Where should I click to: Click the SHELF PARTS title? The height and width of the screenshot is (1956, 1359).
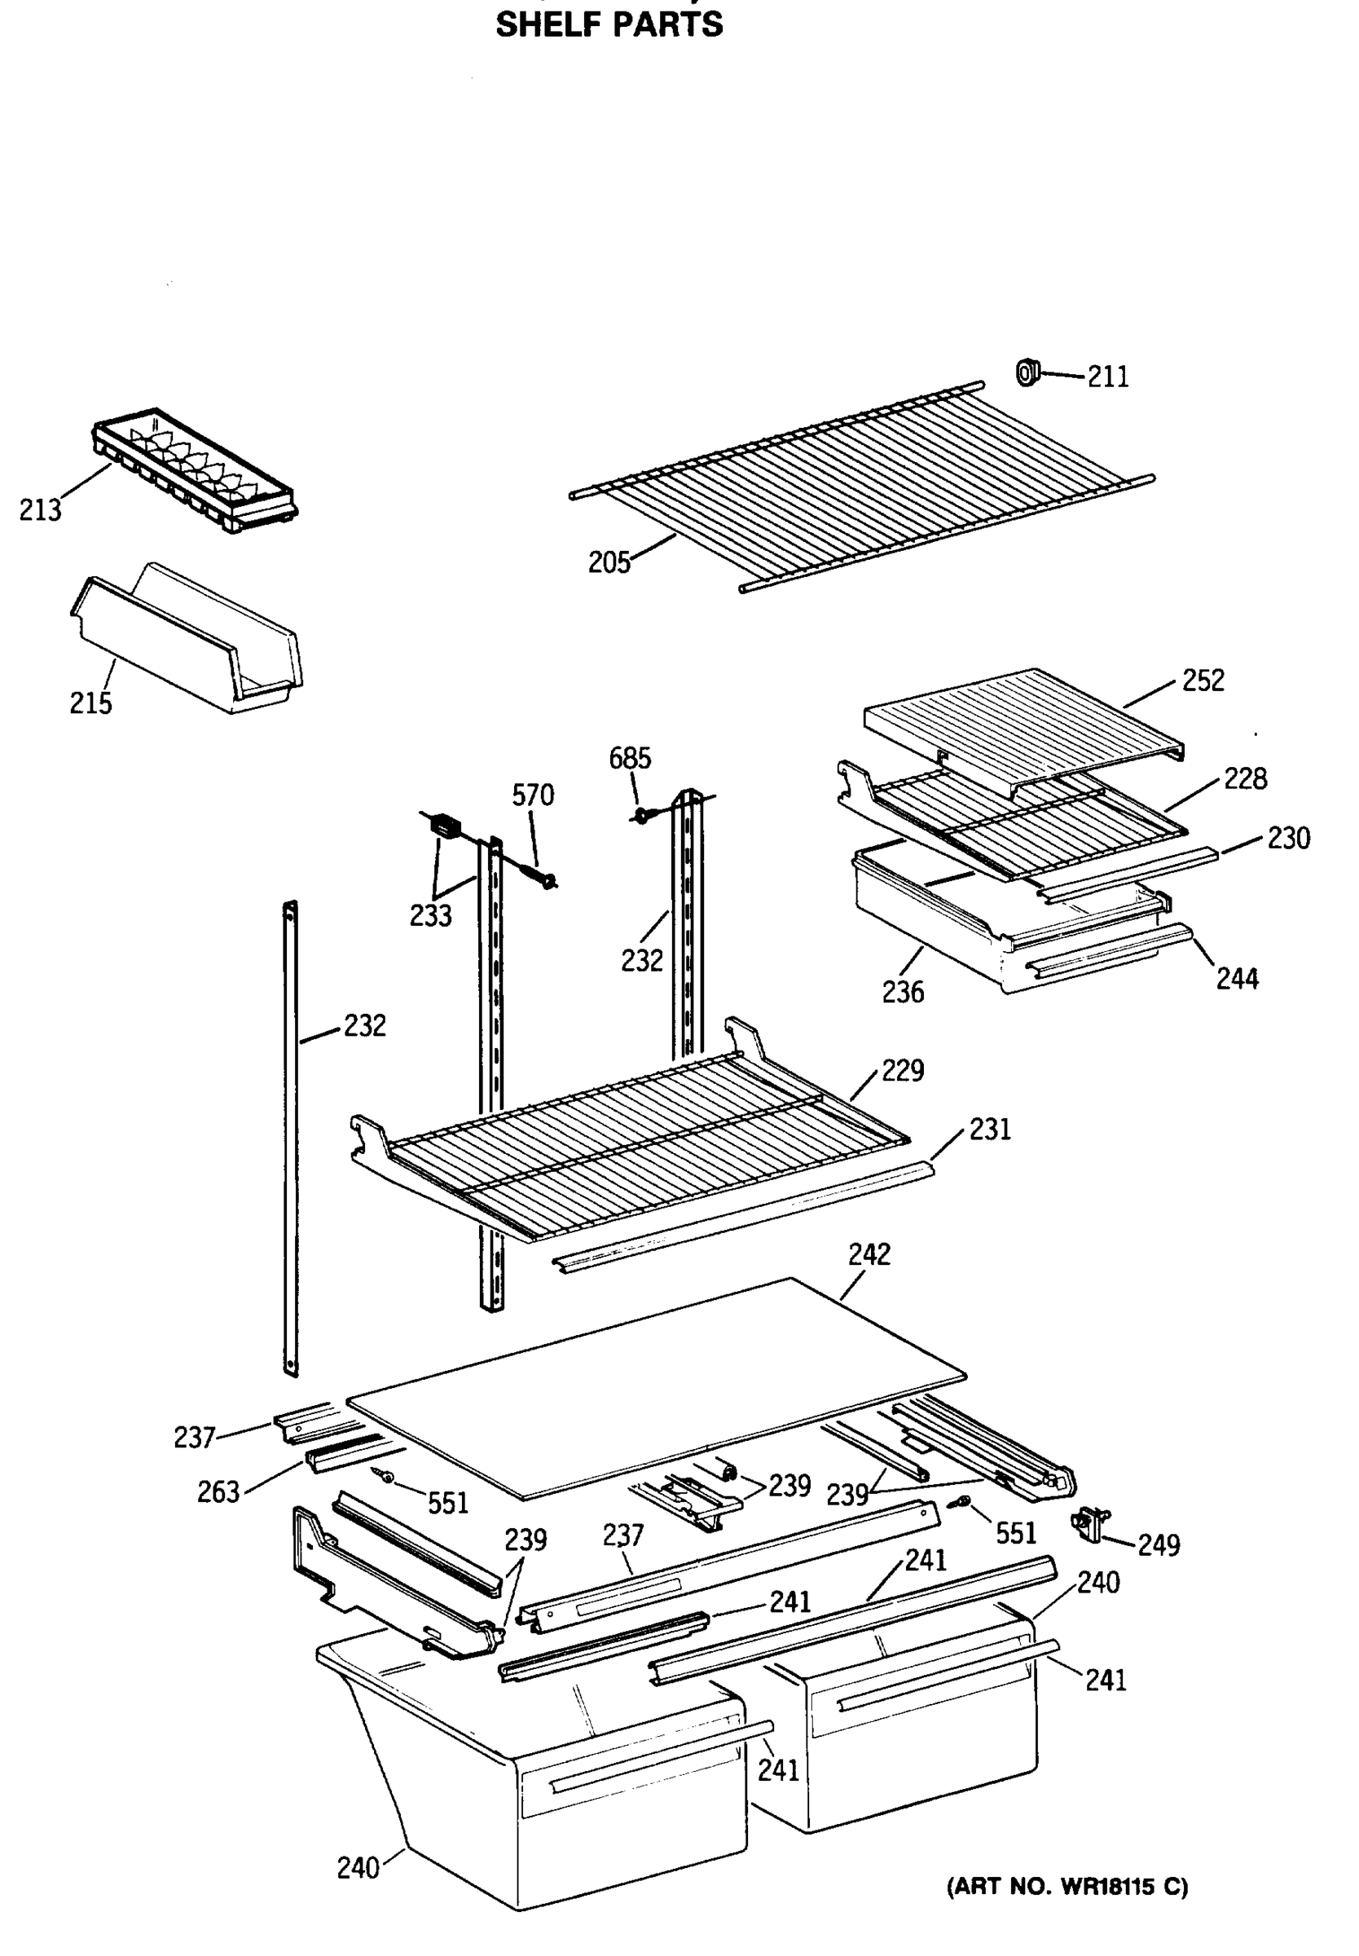point(609,24)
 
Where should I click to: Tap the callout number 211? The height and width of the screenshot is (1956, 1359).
point(1108,377)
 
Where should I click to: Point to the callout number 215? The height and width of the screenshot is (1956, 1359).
point(90,703)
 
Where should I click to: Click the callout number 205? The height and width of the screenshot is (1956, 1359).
point(609,563)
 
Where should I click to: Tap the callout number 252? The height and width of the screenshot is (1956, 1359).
point(1203,681)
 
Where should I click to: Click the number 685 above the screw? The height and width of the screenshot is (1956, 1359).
point(629,758)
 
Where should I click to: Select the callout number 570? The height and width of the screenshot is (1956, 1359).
point(532,795)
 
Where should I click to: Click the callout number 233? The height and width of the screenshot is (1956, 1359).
point(430,916)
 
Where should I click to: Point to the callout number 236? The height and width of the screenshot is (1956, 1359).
point(903,992)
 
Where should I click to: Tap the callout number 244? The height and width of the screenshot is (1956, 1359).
point(1237,980)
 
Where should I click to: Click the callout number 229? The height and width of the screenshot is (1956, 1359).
point(902,1070)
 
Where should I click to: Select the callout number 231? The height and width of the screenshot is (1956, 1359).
point(989,1130)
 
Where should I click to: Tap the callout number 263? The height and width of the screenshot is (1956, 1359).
point(218,1492)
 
